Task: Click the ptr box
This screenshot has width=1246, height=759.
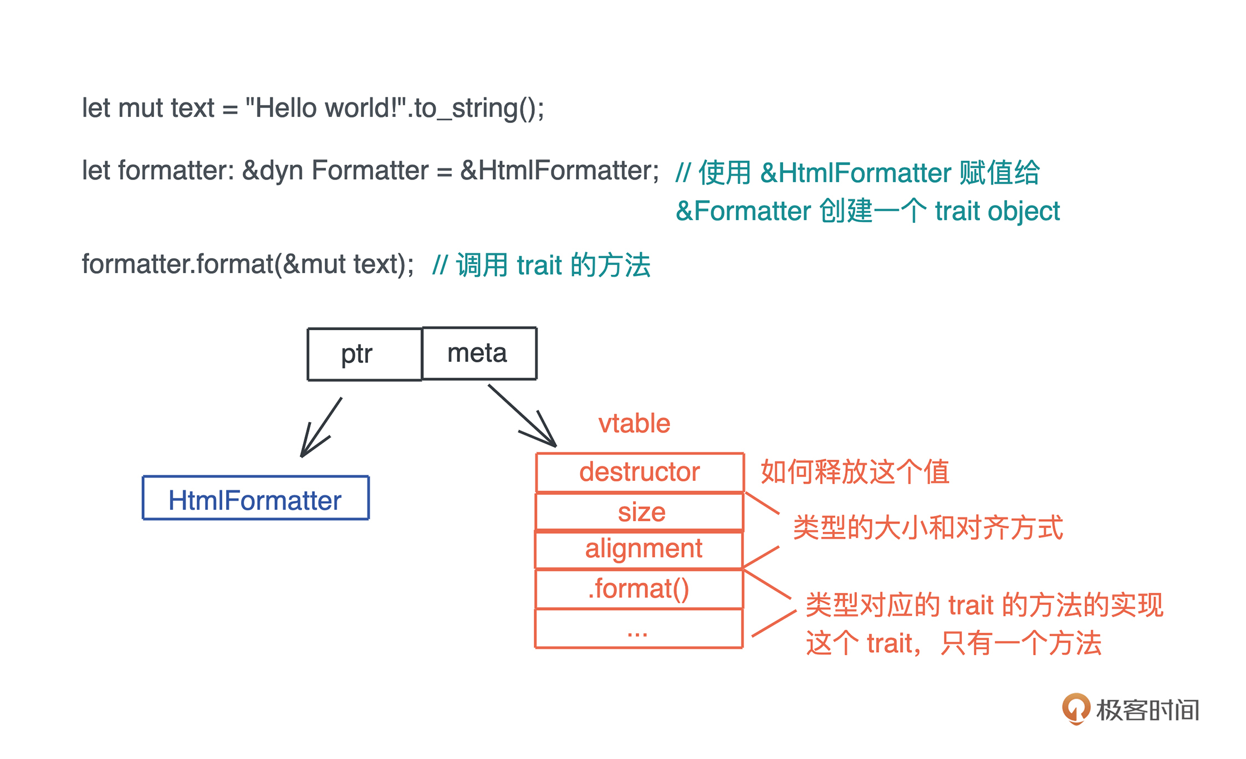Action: click(x=365, y=355)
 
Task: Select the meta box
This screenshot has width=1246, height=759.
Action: click(x=479, y=353)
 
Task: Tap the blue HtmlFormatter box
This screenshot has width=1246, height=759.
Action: click(x=256, y=498)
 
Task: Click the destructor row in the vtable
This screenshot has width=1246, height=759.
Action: click(x=640, y=472)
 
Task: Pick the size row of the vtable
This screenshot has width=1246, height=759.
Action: click(x=640, y=512)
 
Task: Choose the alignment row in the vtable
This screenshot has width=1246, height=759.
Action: click(x=640, y=549)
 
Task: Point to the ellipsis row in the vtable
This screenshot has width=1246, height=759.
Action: click(x=639, y=629)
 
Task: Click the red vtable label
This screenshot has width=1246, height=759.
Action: click(x=634, y=424)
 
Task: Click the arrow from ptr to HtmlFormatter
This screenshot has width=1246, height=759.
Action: click(x=320, y=428)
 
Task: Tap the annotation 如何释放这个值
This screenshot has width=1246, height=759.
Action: click(x=855, y=472)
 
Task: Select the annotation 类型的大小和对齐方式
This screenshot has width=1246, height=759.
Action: click(x=928, y=527)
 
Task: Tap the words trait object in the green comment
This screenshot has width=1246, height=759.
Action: click(x=997, y=211)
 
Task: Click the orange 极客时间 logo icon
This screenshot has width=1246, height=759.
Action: click(x=1075, y=709)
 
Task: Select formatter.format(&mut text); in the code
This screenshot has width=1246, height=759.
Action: click(x=248, y=264)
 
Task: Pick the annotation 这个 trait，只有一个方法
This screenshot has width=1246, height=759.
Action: click(x=953, y=643)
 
